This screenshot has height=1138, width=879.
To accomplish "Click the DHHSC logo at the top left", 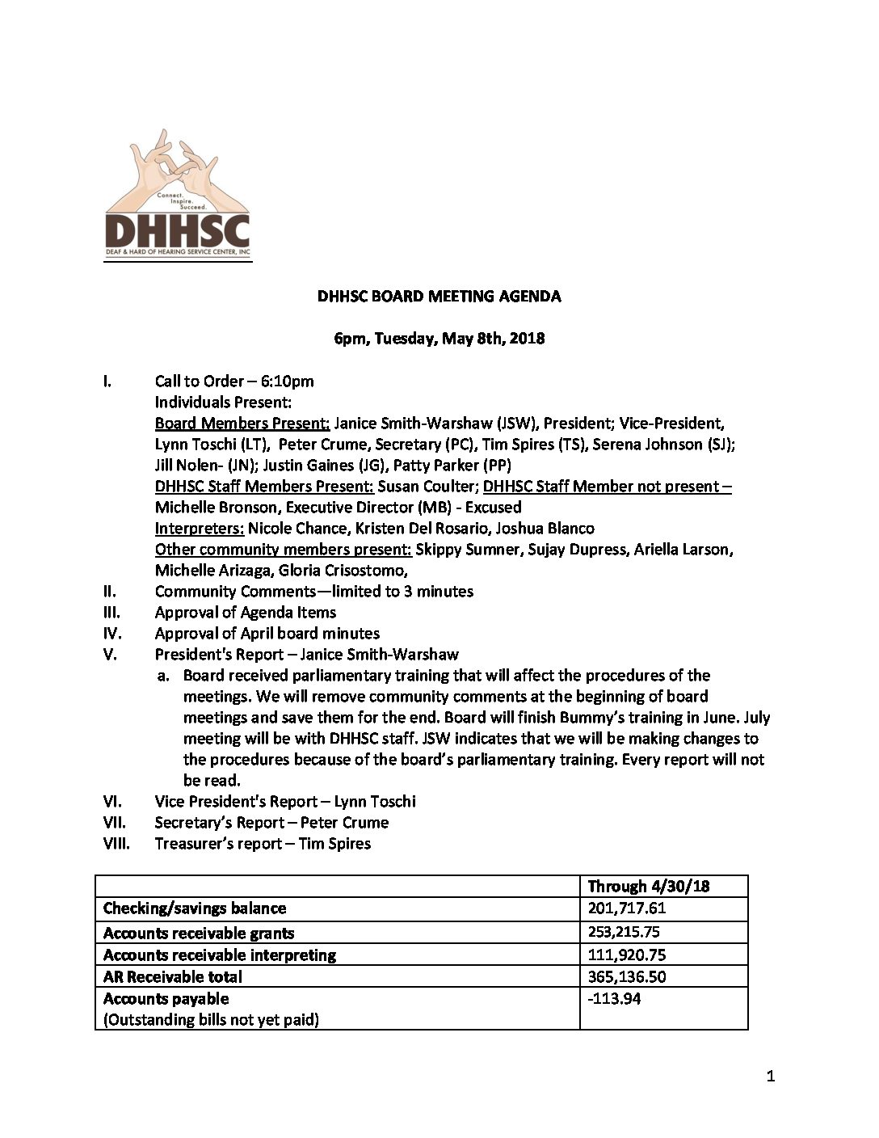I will (178, 198).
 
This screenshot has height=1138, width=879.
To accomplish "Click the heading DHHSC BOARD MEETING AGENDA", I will (439, 296).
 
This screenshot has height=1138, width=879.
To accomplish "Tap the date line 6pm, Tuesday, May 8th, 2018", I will (439, 338).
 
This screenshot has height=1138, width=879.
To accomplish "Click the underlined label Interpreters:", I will (200, 528).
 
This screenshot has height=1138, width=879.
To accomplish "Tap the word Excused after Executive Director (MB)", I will (493, 507).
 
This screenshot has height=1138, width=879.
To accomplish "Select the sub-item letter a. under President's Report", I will (164, 675).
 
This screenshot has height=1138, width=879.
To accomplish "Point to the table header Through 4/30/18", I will (648, 886).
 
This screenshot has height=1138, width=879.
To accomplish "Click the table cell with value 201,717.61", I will (627, 908).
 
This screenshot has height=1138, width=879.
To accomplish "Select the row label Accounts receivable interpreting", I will (219, 955).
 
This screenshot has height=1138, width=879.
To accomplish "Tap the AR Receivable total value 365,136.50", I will (627, 976).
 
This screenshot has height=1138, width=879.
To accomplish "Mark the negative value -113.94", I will (614, 998).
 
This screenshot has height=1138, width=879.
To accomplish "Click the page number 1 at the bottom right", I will (770, 1076).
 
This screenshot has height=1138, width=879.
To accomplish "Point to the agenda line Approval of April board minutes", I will (267, 633).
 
